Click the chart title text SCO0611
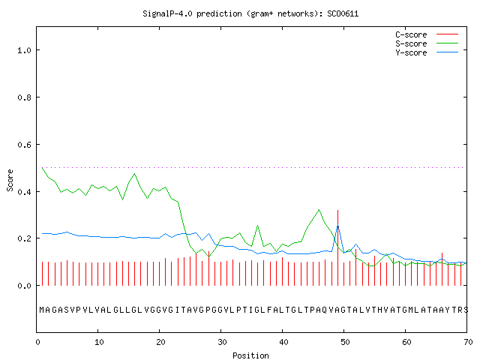pyautogui.click(x=343, y=13)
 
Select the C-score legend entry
pyautogui.click(x=427, y=34)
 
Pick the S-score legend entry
pyautogui.click(x=427, y=43)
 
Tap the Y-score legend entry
pyautogui.click(x=427, y=52)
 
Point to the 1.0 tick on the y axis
pyautogui.click(x=24, y=50)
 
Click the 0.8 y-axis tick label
pyautogui.click(x=24, y=97)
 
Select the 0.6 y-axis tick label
pyautogui.click(x=24, y=145)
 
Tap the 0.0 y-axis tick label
pyautogui.click(x=24, y=286)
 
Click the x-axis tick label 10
pyautogui.click(x=99, y=342)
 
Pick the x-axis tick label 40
pyautogui.click(x=283, y=342)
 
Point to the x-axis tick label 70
pyautogui.click(x=468, y=342)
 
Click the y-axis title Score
pyautogui.click(x=10, y=180)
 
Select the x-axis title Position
pyautogui.click(x=250, y=355)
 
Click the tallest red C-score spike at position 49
pyautogui.click(x=337, y=247)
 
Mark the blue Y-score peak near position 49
pyautogui.click(x=337, y=226)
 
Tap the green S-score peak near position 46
pyautogui.click(x=319, y=210)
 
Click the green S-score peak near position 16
pyautogui.click(x=134, y=174)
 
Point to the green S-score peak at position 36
pyautogui.click(x=257, y=226)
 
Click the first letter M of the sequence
pyautogui.click(x=42, y=310)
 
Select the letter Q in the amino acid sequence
pyautogui.click(x=324, y=310)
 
